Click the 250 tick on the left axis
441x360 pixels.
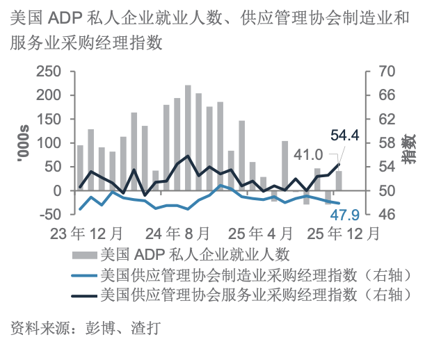coord(49,72)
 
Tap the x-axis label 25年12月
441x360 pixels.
coord(346,233)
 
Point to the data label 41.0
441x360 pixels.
coord(308,154)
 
